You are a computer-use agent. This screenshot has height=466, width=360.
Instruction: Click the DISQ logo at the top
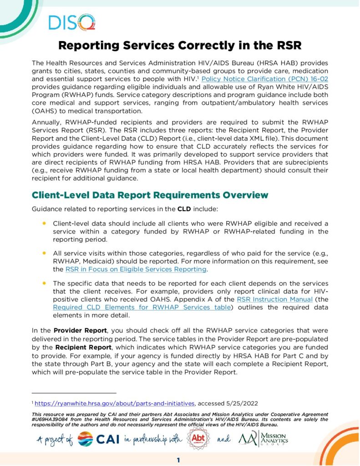coord(71,22)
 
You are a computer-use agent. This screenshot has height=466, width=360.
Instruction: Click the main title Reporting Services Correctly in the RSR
coord(180,46)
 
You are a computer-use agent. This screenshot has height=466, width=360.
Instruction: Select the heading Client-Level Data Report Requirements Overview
coord(150,195)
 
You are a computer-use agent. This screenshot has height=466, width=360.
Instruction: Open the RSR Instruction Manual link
coord(268,299)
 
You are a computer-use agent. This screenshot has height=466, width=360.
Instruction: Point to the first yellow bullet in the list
coord(44,223)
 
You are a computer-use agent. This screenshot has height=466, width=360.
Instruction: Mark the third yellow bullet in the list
coord(44,283)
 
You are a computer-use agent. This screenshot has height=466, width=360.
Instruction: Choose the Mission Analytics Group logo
coord(263,439)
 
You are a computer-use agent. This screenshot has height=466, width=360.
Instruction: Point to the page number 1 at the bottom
coord(179,460)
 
